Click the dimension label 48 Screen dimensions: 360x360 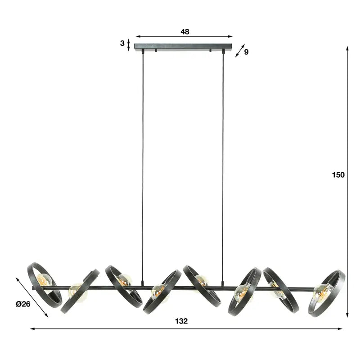tap(184, 31)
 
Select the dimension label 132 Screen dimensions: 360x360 tap(182, 321)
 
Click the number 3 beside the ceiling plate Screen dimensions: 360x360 tap(122, 44)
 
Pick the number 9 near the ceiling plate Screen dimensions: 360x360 tap(246, 52)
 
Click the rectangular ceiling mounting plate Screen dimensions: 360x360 tap(184, 46)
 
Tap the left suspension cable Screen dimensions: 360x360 tap(144, 166)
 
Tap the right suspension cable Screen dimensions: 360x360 tap(223, 166)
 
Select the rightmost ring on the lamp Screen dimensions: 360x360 tap(327, 293)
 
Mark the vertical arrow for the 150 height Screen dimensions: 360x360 tap(348, 180)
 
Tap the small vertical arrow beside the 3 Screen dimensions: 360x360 tap(129, 44)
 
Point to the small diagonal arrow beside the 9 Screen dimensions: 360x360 tap(239, 50)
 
